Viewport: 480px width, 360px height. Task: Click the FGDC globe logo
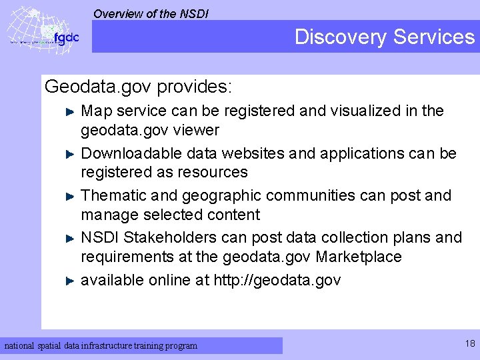(x=41, y=30)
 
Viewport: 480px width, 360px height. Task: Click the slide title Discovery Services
(x=385, y=37)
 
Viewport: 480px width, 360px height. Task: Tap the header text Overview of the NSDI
(x=151, y=13)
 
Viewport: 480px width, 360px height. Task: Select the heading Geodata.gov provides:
(x=138, y=87)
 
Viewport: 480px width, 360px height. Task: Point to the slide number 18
(x=470, y=344)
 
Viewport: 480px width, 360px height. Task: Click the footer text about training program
(x=101, y=346)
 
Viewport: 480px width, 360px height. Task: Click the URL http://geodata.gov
(x=277, y=281)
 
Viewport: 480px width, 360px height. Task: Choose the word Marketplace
(x=359, y=257)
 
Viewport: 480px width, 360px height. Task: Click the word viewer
(x=197, y=130)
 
